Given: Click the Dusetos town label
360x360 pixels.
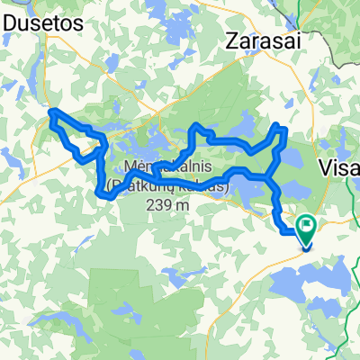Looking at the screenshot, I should click(x=42, y=21).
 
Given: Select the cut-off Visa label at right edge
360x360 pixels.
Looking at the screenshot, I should click(x=340, y=169).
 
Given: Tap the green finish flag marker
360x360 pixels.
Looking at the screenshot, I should click(x=307, y=231).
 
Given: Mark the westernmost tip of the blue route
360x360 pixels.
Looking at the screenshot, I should click(x=50, y=112).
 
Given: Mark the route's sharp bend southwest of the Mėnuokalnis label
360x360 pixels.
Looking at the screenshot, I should click(x=98, y=188).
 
